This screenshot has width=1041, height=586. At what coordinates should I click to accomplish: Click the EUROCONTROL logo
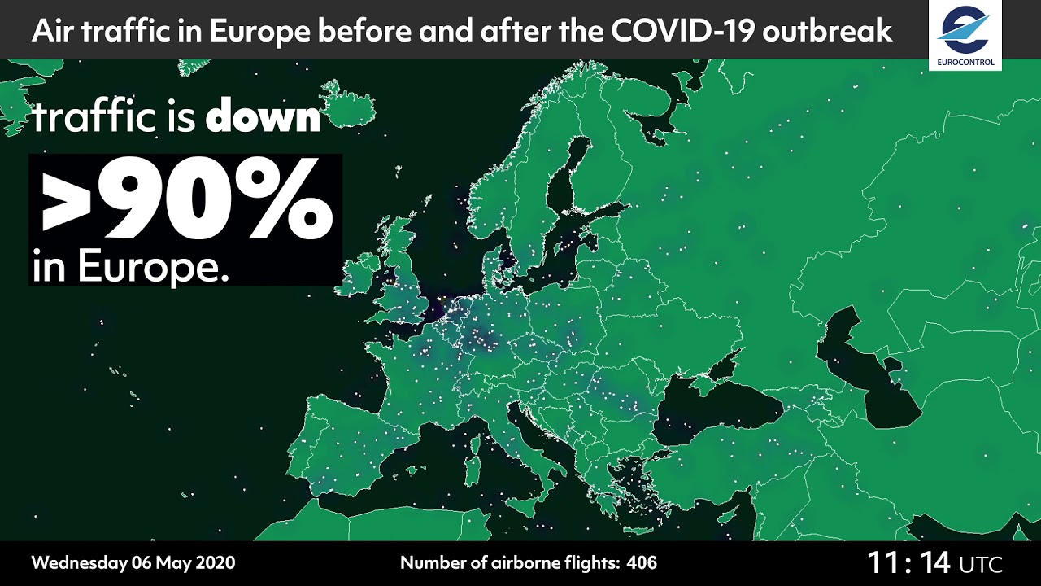965,34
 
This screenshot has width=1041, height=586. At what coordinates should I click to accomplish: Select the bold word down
263,118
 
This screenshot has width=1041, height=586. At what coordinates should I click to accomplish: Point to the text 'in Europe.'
130,267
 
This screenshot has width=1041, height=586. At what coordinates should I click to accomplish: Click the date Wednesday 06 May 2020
133,562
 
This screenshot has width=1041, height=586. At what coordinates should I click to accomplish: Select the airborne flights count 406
642,562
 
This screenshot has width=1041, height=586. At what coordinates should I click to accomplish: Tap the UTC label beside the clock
981,564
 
